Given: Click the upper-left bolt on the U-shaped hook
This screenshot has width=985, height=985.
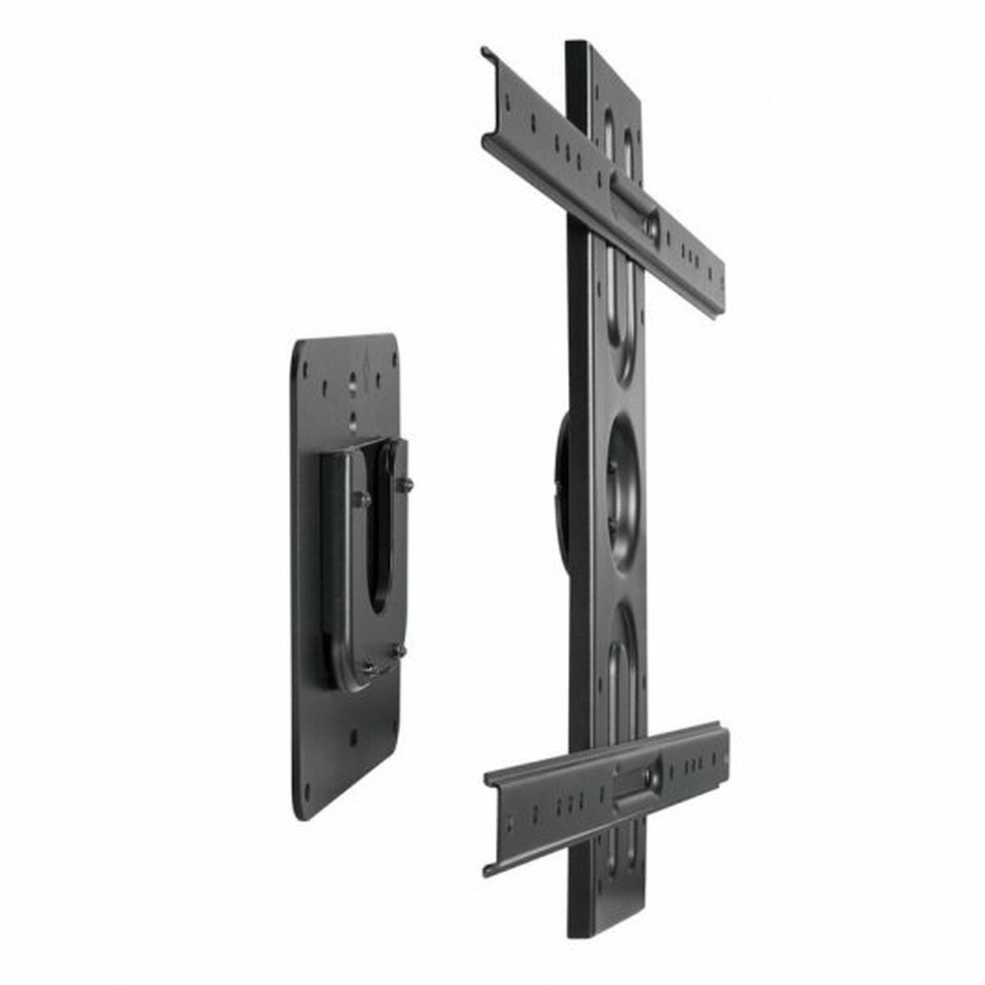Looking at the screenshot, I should pos(360,498).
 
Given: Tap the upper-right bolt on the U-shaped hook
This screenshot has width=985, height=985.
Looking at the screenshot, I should pos(404,485).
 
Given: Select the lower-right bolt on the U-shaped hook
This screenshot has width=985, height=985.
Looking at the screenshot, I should pos(399,651).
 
